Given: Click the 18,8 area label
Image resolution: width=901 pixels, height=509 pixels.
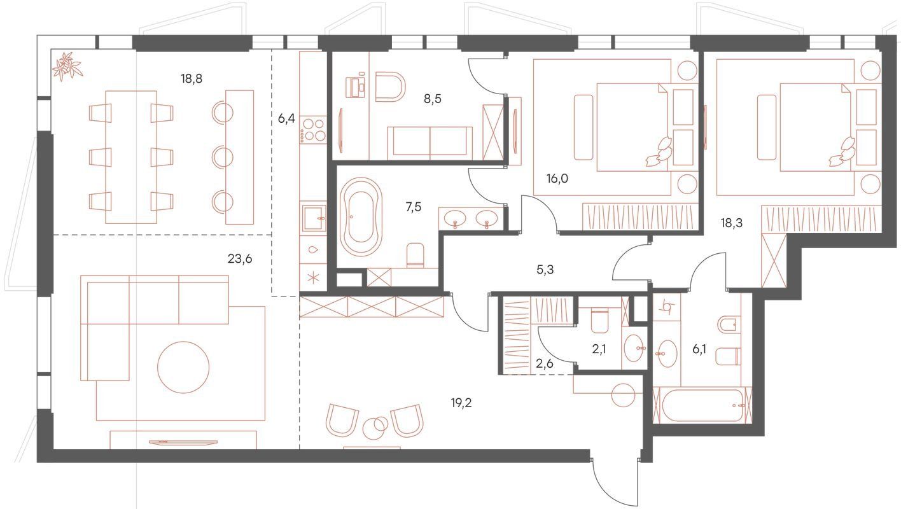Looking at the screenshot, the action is tap(192, 79).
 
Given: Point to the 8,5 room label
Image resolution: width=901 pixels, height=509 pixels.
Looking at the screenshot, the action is tap(433, 99).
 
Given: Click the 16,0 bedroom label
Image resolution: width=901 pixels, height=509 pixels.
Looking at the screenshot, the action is tap(557, 179).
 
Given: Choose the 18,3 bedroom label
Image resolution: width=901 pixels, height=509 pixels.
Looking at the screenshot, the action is tap(732, 223).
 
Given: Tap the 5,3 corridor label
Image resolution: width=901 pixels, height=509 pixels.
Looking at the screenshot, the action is tap(545, 270).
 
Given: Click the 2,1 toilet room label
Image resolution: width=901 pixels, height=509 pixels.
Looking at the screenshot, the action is tap(599, 349).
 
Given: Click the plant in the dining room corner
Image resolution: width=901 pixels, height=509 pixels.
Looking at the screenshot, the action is tap(67, 66).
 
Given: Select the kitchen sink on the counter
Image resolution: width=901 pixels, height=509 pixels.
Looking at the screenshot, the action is tap(314, 218).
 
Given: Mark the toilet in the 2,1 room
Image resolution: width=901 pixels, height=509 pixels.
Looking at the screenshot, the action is tap(600, 320).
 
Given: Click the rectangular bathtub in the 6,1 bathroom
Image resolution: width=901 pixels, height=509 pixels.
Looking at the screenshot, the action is tap(702, 405).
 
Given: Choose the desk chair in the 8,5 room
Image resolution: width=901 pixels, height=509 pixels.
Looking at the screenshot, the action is tap(390, 87).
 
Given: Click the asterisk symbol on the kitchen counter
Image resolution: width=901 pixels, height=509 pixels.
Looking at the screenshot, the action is tap(312, 277).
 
